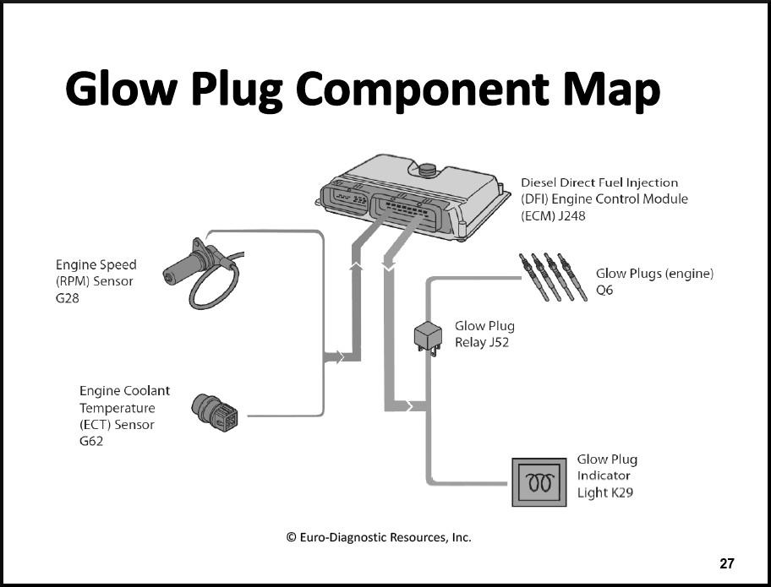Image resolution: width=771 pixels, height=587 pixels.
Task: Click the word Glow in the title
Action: (x=120, y=89)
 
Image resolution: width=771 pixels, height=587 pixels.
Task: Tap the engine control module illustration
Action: (x=413, y=198)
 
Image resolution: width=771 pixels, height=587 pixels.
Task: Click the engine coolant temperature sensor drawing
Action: (x=215, y=412)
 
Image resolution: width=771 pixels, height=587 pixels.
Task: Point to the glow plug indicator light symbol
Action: (x=539, y=482)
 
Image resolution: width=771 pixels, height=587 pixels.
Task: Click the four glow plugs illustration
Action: (x=553, y=277)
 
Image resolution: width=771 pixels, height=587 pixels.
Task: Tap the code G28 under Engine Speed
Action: (x=68, y=298)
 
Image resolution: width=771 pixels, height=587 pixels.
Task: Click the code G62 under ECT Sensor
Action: (x=91, y=441)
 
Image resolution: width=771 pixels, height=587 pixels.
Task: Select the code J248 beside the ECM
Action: (x=571, y=215)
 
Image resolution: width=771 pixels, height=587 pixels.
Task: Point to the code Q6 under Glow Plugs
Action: (x=604, y=291)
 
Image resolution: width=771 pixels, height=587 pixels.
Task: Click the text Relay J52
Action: (x=481, y=342)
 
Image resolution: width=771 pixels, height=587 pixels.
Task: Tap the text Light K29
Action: (x=604, y=492)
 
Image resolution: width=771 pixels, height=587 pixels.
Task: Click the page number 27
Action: (x=727, y=563)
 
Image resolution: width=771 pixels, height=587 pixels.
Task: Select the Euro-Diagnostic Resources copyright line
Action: (x=379, y=537)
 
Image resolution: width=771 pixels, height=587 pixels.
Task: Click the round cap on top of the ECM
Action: (x=427, y=170)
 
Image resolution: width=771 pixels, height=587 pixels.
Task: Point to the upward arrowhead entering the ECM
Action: (x=356, y=266)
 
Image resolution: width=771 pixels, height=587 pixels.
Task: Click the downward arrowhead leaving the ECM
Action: (x=388, y=266)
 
